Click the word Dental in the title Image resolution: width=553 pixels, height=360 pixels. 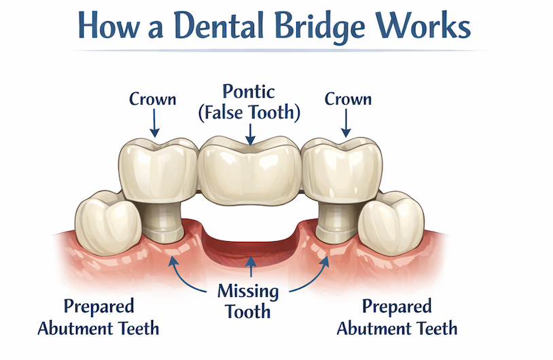[x=219, y=25]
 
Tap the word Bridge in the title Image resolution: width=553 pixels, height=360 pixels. [x=320, y=27]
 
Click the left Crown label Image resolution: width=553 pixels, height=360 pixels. [x=152, y=99]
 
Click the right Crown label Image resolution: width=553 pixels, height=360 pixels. [x=348, y=99]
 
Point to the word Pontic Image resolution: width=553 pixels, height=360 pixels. [x=249, y=92]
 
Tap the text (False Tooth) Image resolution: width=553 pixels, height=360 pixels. [x=249, y=113]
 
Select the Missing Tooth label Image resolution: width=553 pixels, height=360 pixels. [x=248, y=302]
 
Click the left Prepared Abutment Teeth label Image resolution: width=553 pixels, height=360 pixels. [x=99, y=317]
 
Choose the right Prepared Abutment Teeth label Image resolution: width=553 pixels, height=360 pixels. [x=397, y=317]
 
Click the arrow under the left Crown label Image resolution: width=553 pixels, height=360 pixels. [x=154, y=123]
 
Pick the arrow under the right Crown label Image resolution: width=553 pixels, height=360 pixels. [x=346, y=123]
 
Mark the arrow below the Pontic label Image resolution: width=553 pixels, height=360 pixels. [x=251, y=134]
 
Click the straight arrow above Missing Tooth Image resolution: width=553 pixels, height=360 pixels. [x=251, y=266]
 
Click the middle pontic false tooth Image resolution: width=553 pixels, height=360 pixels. [x=249, y=171]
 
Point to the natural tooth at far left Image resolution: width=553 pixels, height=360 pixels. [x=107, y=223]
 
